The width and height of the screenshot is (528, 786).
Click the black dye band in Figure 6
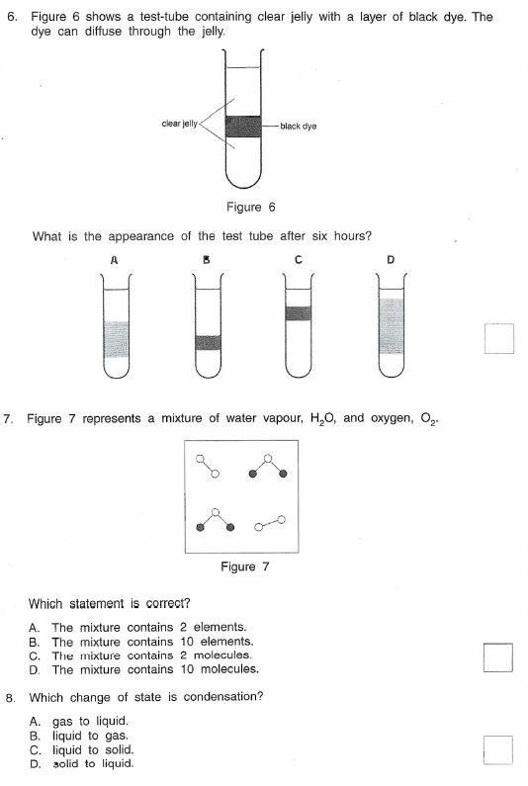[243, 127]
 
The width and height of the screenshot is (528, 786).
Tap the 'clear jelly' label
[179, 125]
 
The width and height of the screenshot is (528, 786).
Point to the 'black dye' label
[298, 127]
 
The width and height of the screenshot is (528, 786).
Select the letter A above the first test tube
[115, 260]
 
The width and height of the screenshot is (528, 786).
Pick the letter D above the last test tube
[391, 260]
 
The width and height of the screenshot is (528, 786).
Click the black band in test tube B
[208, 342]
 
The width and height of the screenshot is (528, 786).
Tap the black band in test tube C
[298, 313]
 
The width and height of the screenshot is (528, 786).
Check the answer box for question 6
[499, 338]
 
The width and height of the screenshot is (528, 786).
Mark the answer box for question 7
[498, 656]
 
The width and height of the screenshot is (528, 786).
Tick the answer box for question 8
[498, 749]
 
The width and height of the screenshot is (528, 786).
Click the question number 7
[8, 419]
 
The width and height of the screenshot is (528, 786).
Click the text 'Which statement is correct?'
[109, 603]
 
